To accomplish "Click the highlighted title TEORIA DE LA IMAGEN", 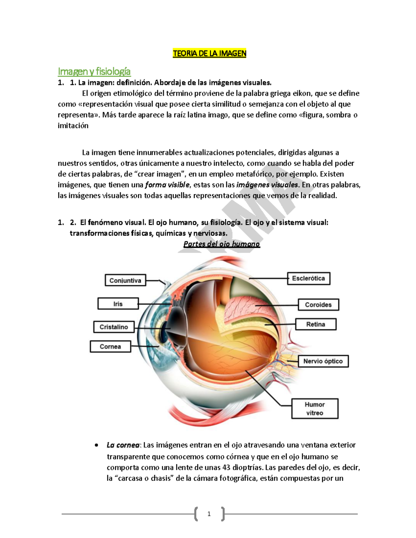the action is (x=209, y=53).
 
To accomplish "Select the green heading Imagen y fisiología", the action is (x=94, y=71).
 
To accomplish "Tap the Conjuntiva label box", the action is (x=125, y=280).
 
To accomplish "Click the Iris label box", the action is (x=118, y=304).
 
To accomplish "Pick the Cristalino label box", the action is (x=114, y=327).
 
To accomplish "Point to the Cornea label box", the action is (x=110, y=346).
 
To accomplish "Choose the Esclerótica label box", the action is (x=308, y=278).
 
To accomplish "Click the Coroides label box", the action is (x=318, y=305).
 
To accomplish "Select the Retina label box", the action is (x=315, y=324).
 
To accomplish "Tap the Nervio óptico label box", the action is (x=323, y=361).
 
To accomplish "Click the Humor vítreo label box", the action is (x=314, y=409).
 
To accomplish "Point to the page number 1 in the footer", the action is (x=209, y=514).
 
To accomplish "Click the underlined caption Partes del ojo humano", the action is (x=222, y=244).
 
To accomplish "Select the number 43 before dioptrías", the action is (x=226, y=467).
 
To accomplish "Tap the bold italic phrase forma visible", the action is (x=167, y=185).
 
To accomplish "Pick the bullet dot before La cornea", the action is (x=96, y=445).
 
